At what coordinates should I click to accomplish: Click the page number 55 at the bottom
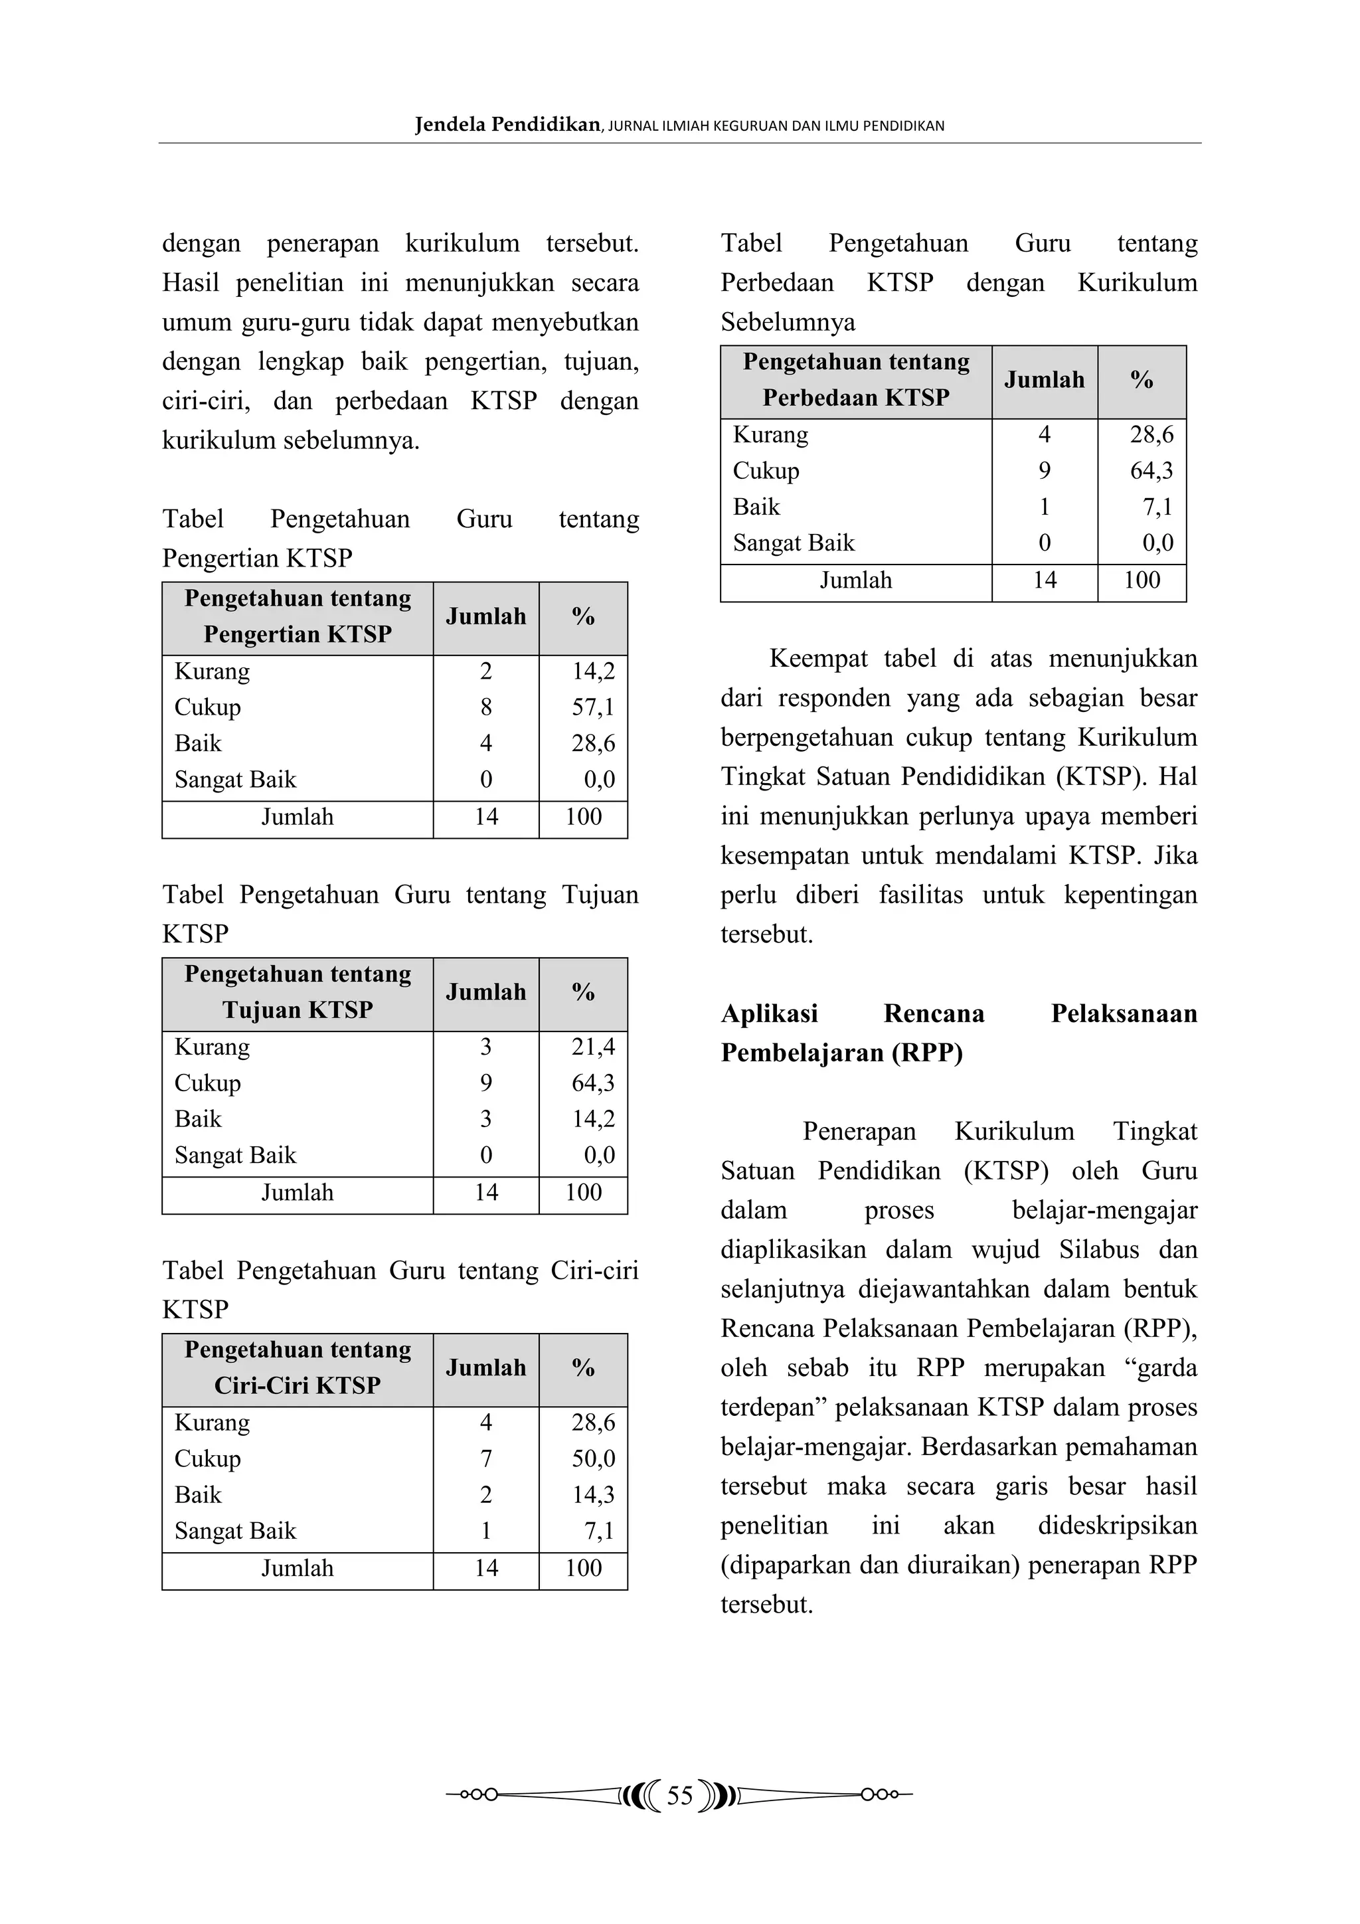coord(679,1795)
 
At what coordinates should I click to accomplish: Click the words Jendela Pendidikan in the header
coord(507,125)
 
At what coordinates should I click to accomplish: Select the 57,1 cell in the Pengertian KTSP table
coord(592,707)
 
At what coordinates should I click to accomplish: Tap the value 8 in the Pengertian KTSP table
coord(486,707)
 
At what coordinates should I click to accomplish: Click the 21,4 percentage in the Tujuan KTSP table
coord(592,1047)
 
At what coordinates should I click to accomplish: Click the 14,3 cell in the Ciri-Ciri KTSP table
coord(592,1494)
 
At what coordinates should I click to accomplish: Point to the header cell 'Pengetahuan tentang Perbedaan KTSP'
coord(855,380)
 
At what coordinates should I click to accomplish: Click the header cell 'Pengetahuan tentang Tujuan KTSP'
coord(297,992)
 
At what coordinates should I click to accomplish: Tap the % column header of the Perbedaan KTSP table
coord(1142,380)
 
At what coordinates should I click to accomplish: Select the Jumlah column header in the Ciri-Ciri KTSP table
coord(486,1367)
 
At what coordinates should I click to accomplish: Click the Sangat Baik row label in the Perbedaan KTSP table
coord(794,543)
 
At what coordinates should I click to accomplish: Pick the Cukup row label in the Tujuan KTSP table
coord(208,1083)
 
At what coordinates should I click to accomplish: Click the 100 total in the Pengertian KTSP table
coord(583,817)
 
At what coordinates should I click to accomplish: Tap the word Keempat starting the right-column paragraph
coord(818,659)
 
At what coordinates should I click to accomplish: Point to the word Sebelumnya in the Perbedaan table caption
coord(788,322)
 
